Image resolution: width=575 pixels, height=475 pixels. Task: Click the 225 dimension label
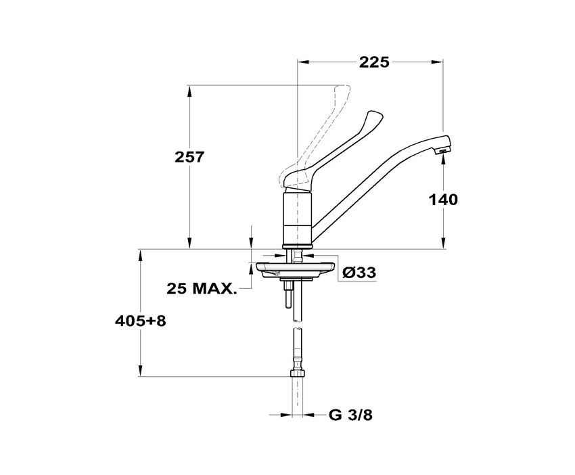373,62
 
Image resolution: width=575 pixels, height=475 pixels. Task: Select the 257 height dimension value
189,158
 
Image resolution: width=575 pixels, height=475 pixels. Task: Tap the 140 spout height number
443,200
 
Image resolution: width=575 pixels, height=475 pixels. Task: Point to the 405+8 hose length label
141,321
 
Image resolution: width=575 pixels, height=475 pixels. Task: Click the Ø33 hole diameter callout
359,273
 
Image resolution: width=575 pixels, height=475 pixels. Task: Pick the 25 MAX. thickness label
202,289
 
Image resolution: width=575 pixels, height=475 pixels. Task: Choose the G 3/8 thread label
350,415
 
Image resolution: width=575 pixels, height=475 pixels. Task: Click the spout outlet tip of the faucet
442,150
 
